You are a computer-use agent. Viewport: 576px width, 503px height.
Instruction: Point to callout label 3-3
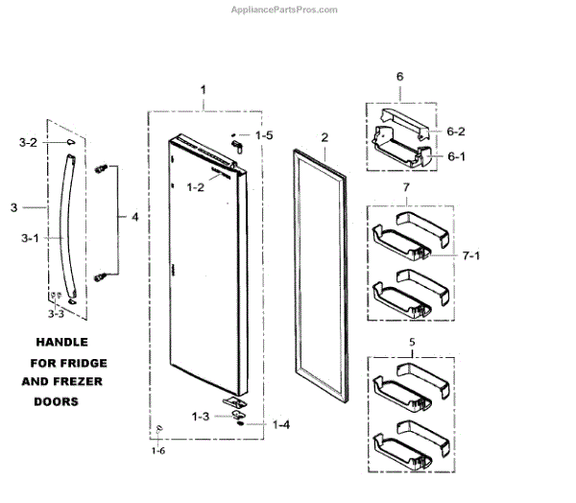[x=58, y=313]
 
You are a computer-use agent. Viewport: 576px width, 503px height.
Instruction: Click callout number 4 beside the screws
[x=134, y=218]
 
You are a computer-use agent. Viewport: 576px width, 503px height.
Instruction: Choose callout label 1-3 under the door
[x=200, y=416]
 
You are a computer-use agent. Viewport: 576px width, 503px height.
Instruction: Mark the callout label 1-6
[x=157, y=448]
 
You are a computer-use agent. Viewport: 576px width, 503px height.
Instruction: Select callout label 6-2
[x=454, y=132]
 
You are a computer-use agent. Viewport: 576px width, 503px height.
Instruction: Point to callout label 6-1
[x=454, y=157]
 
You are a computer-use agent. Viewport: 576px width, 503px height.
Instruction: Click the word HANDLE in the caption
[x=63, y=343]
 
